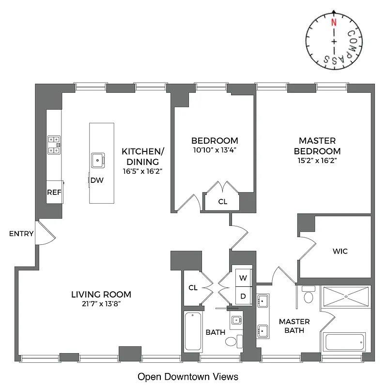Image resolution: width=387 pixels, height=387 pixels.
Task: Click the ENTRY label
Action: click(x=21, y=234)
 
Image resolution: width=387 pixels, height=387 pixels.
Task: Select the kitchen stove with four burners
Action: click(x=54, y=145)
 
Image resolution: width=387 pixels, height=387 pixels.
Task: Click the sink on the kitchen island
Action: click(x=98, y=159)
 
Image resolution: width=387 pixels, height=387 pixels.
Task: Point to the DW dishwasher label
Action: click(x=97, y=180)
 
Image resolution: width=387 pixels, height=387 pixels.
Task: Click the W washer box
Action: click(x=244, y=278)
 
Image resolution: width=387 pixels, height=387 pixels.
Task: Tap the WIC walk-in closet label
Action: click(x=340, y=252)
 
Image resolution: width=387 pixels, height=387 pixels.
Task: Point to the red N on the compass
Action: click(x=333, y=22)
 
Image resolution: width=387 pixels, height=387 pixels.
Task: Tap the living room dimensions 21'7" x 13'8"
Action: click(x=101, y=304)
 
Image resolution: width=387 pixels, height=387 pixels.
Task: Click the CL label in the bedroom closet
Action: click(x=222, y=202)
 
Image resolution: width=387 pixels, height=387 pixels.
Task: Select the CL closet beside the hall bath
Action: click(x=193, y=288)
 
